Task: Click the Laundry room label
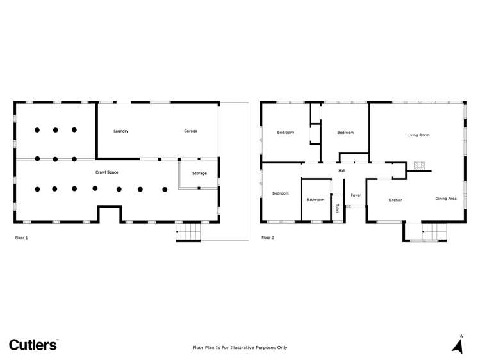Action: [x=121, y=131]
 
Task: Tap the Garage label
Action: [x=190, y=131]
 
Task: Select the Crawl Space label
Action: [x=107, y=172]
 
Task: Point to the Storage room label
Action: [x=199, y=174]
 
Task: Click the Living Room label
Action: [x=418, y=135]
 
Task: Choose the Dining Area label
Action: [x=446, y=199]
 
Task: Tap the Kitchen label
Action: [x=395, y=200]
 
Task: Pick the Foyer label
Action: [x=356, y=195]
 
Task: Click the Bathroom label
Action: [x=315, y=200]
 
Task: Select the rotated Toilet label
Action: [x=337, y=209]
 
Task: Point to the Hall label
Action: [x=342, y=170]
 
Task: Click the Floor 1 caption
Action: [x=21, y=238]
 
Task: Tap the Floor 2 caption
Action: [x=267, y=238]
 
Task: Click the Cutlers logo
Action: [x=33, y=345]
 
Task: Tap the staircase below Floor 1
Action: [x=188, y=231]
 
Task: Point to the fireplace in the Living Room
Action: [x=420, y=165]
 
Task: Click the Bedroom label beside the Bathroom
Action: [x=281, y=193]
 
